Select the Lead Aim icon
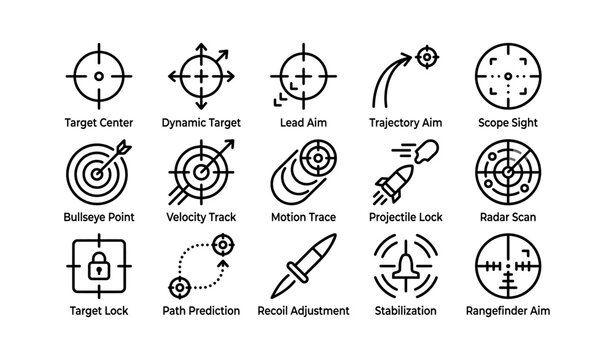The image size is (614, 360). (302, 76)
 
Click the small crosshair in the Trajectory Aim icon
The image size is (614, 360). (426, 57)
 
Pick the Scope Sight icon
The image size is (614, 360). (508, 76)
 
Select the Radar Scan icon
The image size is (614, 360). (508, 170)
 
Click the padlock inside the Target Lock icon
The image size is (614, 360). (98, 268)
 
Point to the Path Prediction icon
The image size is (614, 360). (200, 266)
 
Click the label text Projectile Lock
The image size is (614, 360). (405, 217)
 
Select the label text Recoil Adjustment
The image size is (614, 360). (303, 312)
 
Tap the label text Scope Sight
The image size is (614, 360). (508, 122)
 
